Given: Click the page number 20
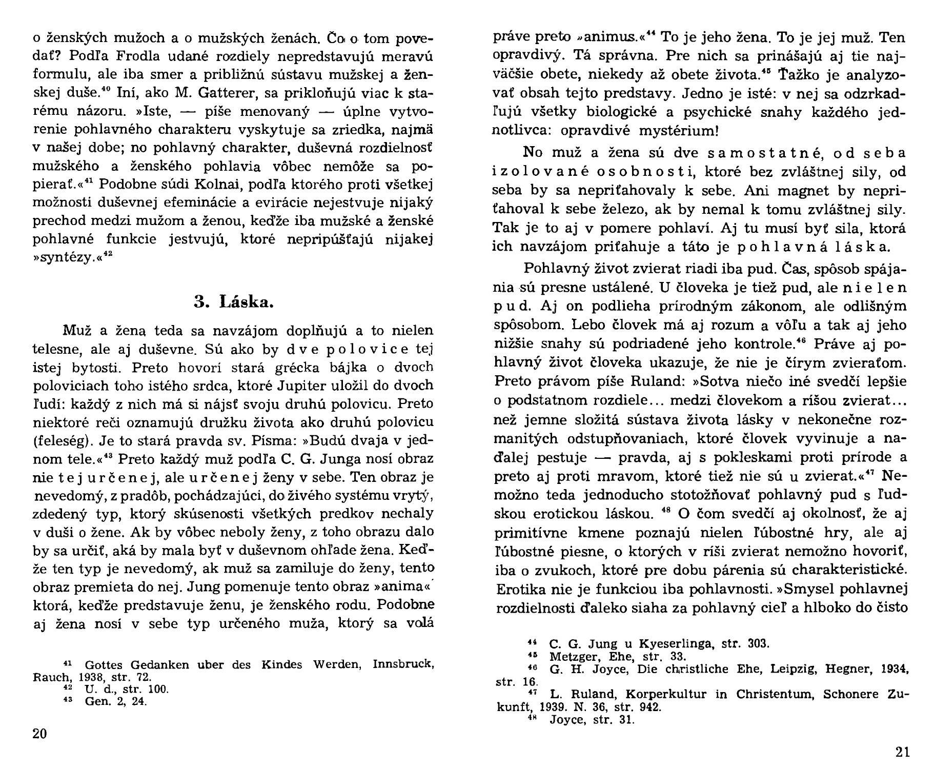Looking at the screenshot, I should click(x=39, y=734).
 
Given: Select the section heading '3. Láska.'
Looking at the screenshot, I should click(x=234, y=302).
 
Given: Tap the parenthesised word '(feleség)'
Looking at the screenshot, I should click(x=62, y=440).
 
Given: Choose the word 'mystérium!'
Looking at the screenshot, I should click(x=679, y=130).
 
